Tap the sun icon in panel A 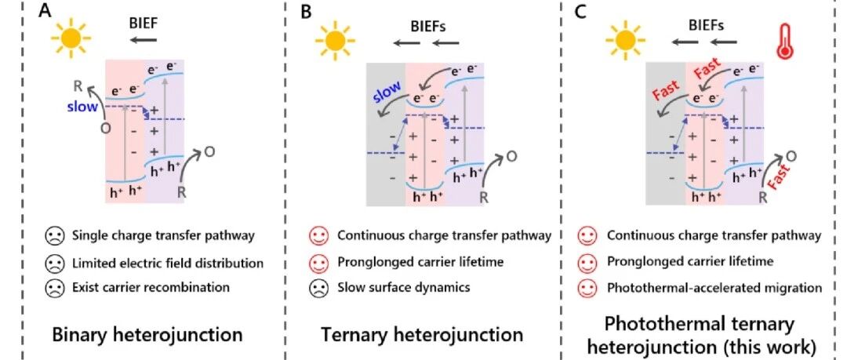click(71, 37)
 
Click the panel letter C click(580, 11)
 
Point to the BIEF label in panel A click(144, 24)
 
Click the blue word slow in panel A click(82, 107)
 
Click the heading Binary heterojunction click(147, 335)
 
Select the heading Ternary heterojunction click(422, 335)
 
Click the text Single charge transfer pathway click(162, 236)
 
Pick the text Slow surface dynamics click(404, 287)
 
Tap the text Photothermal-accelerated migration click(714, 288)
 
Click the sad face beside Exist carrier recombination click(53, 287)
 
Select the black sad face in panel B click(318, 288)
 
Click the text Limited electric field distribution click(168, 264)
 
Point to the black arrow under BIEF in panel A click(144, 39)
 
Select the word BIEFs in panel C click(706, 25)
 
